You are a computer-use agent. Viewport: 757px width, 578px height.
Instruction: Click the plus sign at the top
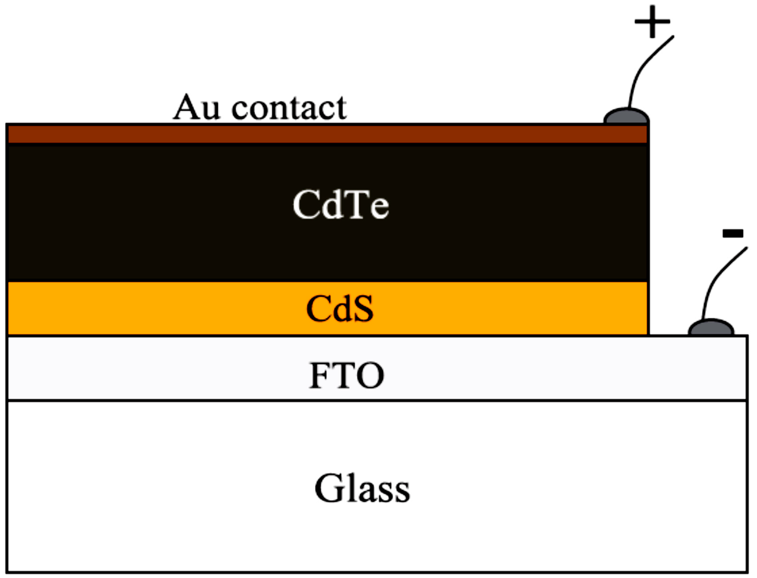(x=652, y=22)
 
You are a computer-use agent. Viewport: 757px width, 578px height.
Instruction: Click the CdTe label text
(x=341, y=205)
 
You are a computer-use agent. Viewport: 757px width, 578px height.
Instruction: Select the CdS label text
(x=339, y=309)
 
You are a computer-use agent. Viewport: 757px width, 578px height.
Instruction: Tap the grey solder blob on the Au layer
(x=627, y=116)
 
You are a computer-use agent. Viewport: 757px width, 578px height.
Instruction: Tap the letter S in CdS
(x=362, y=309)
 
